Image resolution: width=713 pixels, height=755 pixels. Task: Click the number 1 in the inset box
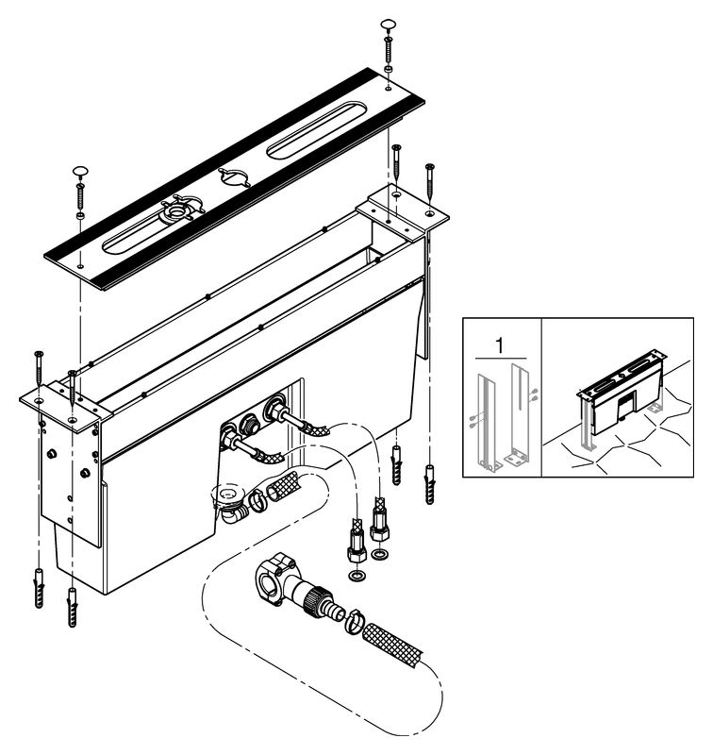coord(501,345)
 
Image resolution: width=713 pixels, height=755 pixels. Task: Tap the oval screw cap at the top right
coord(388,25)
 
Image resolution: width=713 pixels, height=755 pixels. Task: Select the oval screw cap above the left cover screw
coord(81,171)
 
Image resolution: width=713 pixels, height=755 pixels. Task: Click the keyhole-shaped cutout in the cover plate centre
coord(234,176)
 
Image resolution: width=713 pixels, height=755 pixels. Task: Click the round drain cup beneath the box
coord(228,496)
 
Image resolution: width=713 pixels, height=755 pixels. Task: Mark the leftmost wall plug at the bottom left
coord(39,588)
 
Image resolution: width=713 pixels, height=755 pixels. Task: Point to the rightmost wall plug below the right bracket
coord(430,484)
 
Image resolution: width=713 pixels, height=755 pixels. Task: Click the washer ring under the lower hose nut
coord(356,576)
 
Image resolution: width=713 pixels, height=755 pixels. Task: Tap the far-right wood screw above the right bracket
coord(430,184)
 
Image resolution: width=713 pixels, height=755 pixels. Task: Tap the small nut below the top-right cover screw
coord(388,69)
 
